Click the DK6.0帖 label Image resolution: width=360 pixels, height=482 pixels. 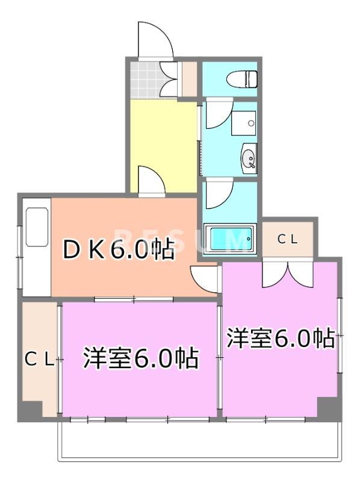pos(119,249)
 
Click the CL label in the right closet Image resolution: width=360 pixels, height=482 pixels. pos(287,239)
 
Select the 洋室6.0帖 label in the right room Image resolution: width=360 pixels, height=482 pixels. pos(281,339)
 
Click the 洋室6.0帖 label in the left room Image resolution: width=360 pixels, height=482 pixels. pos(141,359)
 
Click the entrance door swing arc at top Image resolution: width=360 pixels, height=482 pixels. pos(155,40)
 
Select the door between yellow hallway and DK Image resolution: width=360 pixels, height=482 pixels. pos(151,180)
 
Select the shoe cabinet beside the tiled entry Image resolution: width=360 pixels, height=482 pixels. pos(188,78)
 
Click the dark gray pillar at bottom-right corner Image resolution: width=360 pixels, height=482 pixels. pos(328,409)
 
